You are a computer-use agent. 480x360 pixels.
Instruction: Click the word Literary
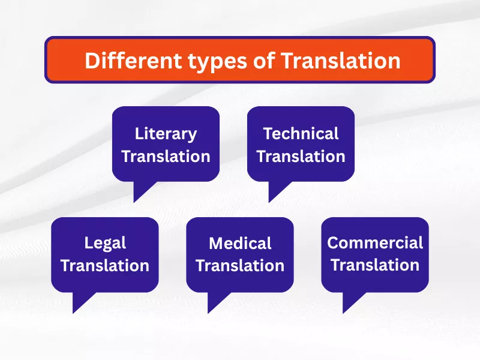166,133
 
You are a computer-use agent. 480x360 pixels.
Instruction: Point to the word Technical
301,133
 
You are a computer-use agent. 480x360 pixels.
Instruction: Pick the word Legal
105,243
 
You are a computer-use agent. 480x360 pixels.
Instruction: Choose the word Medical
240,243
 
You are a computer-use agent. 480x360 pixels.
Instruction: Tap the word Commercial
375,243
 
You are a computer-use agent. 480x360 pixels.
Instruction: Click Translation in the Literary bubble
166,157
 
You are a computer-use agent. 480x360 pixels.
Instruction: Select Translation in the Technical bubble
301,157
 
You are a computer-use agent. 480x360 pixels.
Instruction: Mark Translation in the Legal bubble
105,265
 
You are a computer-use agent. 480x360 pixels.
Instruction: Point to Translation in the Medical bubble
240,265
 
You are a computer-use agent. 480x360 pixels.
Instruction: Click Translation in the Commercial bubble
375,265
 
